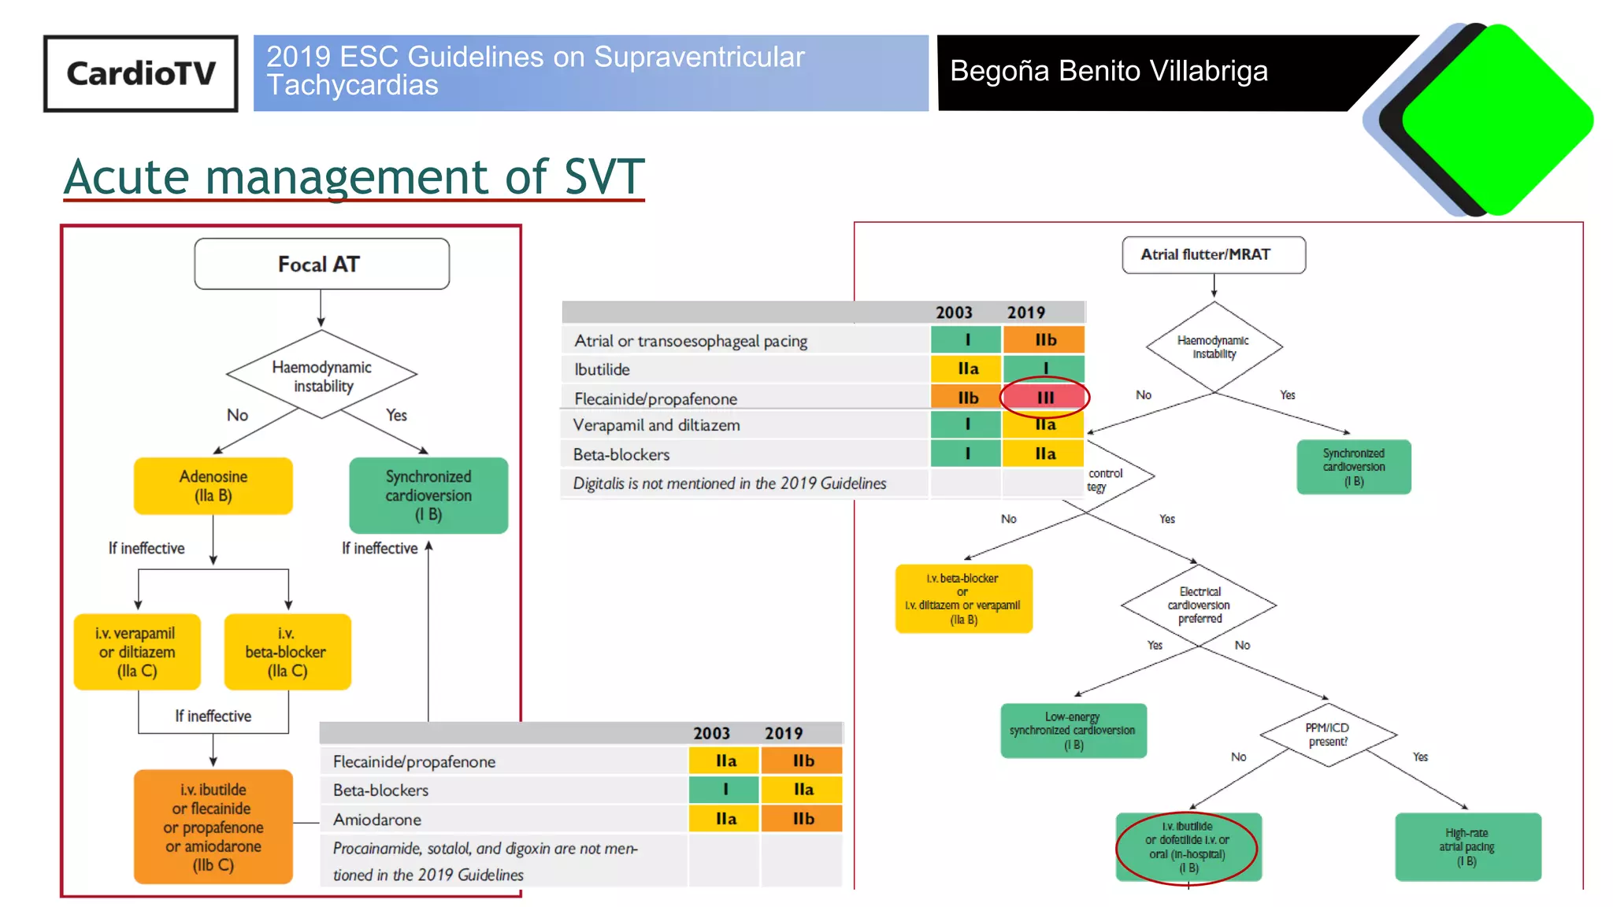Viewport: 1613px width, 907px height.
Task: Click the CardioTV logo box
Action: point(140,73)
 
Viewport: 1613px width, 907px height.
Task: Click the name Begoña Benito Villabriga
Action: point(1108,71)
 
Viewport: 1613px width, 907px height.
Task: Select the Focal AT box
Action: point(321,265)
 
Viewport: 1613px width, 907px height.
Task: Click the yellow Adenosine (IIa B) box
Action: point(213,486)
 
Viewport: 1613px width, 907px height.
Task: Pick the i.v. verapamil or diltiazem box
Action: point(137,652)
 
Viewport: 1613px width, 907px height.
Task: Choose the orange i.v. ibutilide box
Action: point(213,827)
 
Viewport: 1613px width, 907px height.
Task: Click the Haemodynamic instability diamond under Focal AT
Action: point(321,376)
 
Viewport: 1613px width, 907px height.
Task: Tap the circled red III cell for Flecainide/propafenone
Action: point(1044,398)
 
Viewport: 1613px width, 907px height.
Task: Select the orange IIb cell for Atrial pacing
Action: point(1044,340)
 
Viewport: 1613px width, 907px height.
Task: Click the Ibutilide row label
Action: point(602,369)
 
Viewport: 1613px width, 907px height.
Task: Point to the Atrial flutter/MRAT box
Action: point(1213,254)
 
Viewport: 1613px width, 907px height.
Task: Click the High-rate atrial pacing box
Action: point(1467,846)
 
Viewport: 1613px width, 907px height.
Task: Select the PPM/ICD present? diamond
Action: point(1328,735)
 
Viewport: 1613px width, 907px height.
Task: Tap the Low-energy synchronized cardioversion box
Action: point(1073,731)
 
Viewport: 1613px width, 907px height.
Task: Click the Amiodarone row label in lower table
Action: point(376,820)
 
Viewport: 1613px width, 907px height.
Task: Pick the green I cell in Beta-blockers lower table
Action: point(725,789)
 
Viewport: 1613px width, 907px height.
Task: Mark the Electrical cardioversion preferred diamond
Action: point(1199,605)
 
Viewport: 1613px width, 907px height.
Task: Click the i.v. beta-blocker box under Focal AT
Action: point(287,652)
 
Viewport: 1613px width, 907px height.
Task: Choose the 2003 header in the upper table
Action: point(954,313)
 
